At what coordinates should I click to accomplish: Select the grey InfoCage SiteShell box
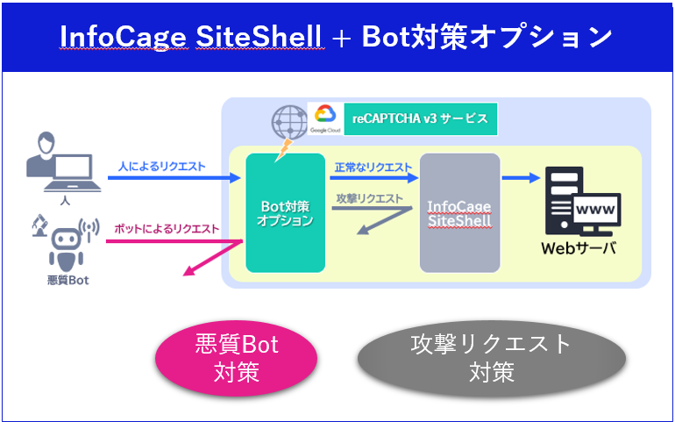tap(459, 212)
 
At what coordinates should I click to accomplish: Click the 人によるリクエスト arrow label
tap(162, 165)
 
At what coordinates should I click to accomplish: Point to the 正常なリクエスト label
tap(373, 167)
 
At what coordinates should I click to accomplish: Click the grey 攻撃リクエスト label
tap(369, 198)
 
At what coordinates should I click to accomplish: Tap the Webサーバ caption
tap(578, 248)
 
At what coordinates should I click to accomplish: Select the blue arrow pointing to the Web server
tap(521, 178)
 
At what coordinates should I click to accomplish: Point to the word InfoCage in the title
tap(118, 37)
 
